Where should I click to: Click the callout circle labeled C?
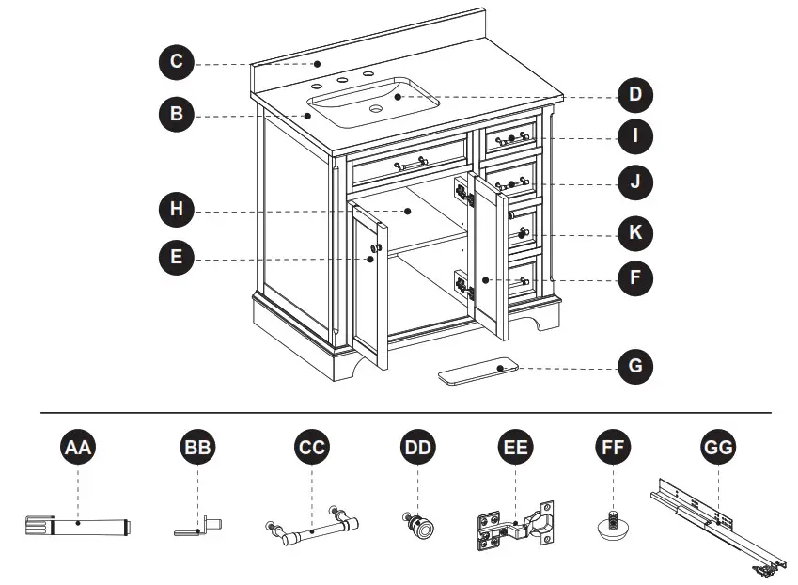pyautogui.click(x=176, y=64)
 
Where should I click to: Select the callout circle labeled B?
pyautogui.click(x=176, y=115)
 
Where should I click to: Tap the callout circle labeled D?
pyautogui.click(x=635, y=94)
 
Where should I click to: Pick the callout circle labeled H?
pyautogui.click(x=176, y=208)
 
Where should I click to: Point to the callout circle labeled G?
pyautogui.click(x=635, y=365)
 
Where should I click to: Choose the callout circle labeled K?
pyautogui.click(x=635, y=231)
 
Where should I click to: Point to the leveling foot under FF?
pyautogui.click(x=613, y=525)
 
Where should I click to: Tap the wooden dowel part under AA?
pyautogui.click(x=79, y=524)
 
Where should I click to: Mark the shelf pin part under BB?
pyautogui.click(x=199, y=526)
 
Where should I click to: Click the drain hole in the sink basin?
pyautogui.click(x=376, y=110)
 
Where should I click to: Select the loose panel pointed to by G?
pyautogui.click(x=479, y=373)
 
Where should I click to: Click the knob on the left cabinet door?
pyautogui.click(x=375, y=249)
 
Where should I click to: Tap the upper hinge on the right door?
pyautogui.click(x=463, y=193)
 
